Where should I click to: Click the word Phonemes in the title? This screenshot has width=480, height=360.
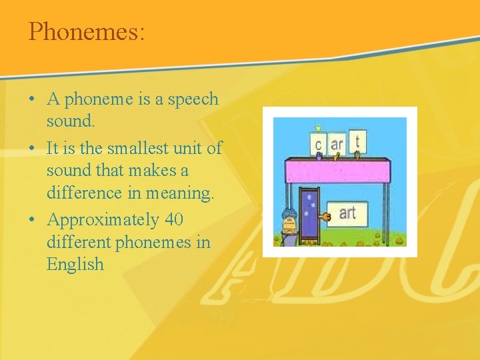pos(83,31)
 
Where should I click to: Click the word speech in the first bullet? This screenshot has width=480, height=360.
pos(193,99)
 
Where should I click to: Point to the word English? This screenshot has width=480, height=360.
pos(75,264)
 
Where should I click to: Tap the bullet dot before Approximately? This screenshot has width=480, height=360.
pos(32,220)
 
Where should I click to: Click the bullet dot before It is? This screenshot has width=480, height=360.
pos(32,148)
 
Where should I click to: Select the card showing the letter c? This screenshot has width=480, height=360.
pos(318,143)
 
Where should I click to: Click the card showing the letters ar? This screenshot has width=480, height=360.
pos(337,143)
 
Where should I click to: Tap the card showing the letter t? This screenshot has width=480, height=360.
pos(357,141)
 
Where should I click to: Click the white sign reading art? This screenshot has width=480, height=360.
pos(347,213)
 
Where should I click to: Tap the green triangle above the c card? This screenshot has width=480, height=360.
pos(318,127)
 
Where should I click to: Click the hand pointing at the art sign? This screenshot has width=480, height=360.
pos(324,217)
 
